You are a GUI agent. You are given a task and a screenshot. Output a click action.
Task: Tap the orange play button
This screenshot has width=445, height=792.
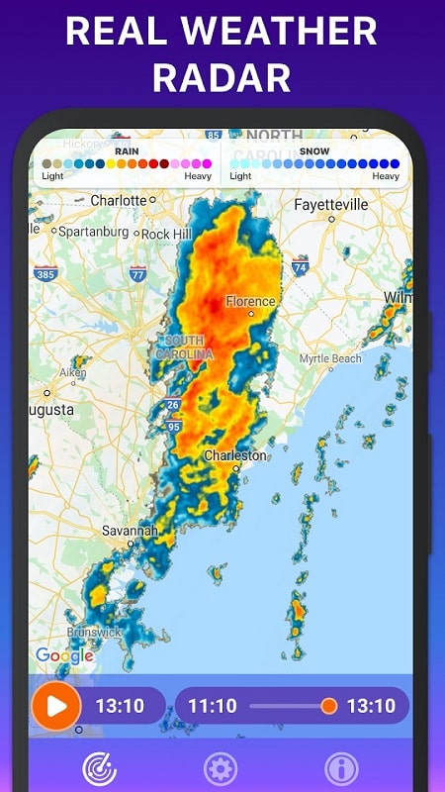click(x=55, y=707)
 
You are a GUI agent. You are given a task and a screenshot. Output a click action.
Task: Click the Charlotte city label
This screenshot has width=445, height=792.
click(x=119, y=200)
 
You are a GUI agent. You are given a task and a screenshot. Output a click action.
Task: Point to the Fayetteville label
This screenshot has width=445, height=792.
click(x=331, y=205)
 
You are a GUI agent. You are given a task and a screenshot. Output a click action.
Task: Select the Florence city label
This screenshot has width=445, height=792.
click(x=250, y=301)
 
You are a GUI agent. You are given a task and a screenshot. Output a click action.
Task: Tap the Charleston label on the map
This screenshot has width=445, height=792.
click(x=235, y=455)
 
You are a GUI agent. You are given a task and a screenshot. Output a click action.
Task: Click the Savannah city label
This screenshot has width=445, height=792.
click(x=130, y=531)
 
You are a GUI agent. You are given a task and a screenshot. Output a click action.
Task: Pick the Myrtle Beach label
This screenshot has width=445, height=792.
click(x=330, y=358)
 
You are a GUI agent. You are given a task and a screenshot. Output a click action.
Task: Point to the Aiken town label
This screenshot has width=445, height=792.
click(x=73, y=372)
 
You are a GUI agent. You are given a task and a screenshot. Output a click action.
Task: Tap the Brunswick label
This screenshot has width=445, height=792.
click(x=95, y=632)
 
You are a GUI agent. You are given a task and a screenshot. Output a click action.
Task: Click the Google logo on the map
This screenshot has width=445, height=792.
click(x=64, y=655)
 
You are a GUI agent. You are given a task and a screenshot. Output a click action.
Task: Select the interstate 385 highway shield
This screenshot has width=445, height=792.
click(x=44, y=273)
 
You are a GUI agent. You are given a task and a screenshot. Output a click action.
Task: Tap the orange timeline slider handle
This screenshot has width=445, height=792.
click(x=329, y=706)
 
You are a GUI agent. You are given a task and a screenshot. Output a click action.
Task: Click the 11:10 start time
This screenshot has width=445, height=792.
click(x=213, y=706)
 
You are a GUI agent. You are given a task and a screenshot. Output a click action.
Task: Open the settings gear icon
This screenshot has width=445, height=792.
click(x=220, y=768)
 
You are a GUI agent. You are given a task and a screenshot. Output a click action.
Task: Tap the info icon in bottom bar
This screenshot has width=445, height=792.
click(x=341, y=768)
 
